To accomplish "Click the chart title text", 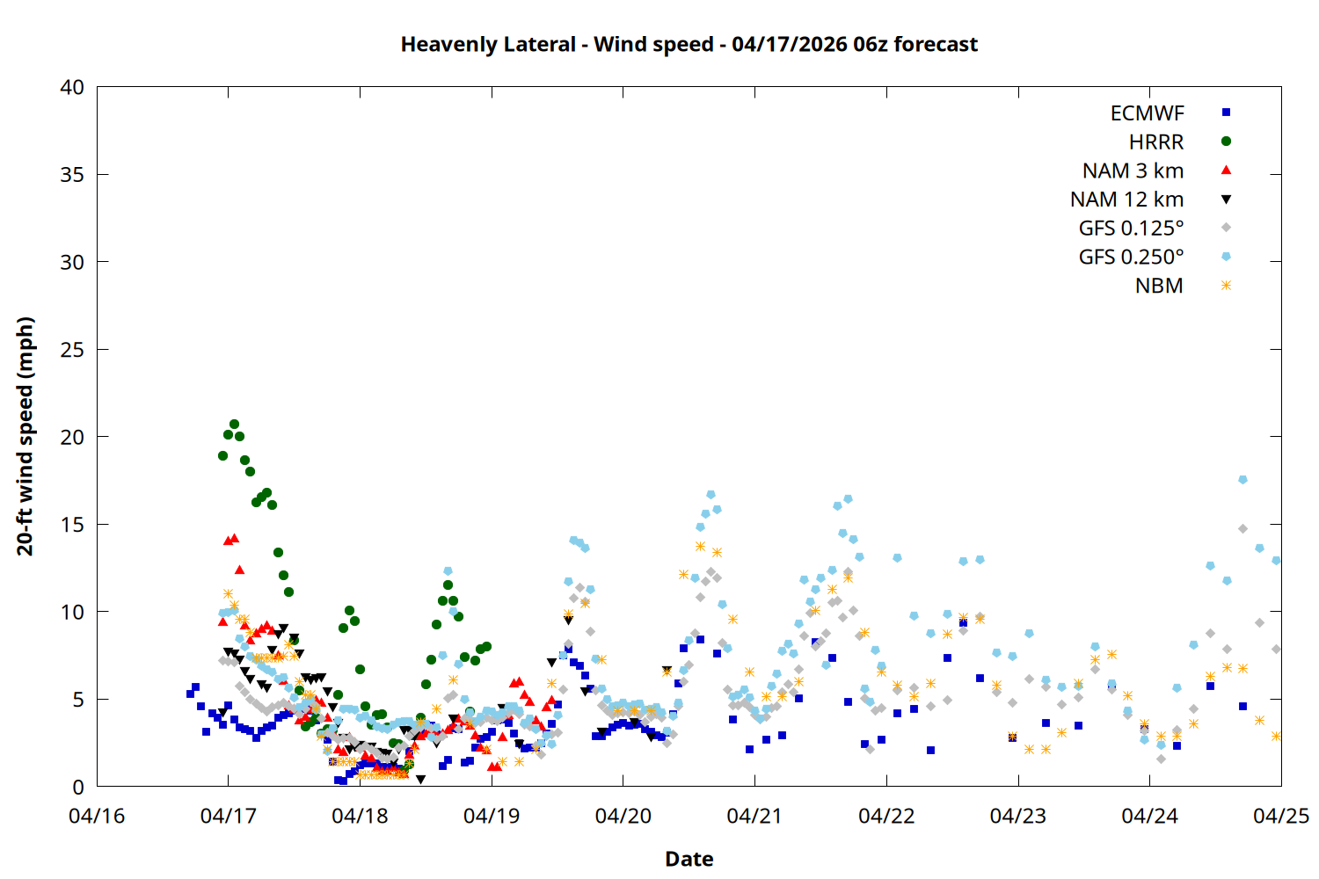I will (689, 44).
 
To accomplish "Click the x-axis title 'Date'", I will (689, 859).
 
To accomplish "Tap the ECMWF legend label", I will (1147, 113).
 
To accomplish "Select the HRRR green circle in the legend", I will (1226, 142).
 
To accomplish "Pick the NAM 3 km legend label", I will (1133, 171).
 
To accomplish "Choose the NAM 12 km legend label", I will (1126, 200).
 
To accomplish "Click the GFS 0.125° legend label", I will (1131, 229).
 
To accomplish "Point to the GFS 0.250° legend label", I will (1131, 257).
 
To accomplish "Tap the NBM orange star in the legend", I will (1226, 286).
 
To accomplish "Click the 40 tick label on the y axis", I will (72, 87).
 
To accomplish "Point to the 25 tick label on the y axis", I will (72, 350).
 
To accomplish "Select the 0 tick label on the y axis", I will (78, 787).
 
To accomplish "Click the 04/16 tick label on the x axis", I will (97, 816).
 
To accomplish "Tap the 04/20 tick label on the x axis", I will (623, 816).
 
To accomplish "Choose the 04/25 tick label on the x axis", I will (1280, 816).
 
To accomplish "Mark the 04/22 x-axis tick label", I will (885, 816).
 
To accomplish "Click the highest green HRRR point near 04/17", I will (234, 425).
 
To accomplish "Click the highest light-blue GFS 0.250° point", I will (1242, 480).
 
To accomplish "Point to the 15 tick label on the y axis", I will (72, 525).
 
